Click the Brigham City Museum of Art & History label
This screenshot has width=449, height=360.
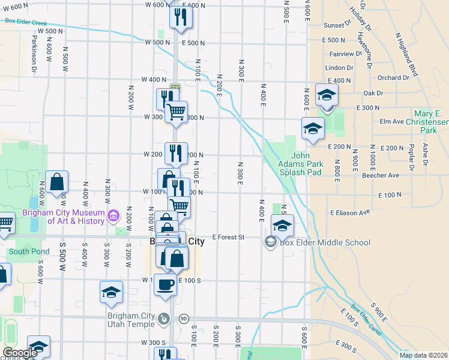[x=63, y=217]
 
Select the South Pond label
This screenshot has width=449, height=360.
[x=24, y=251]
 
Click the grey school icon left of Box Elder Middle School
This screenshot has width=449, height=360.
[x=270, y=242]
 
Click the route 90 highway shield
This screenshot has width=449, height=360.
[x=184, y=319]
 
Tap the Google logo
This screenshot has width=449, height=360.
[x=20, y=353]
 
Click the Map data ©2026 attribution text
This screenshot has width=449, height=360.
[x=423, y=355]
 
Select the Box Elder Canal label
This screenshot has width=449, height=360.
[x=367, y=328]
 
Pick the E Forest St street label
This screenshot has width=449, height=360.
[x=228, y=238]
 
